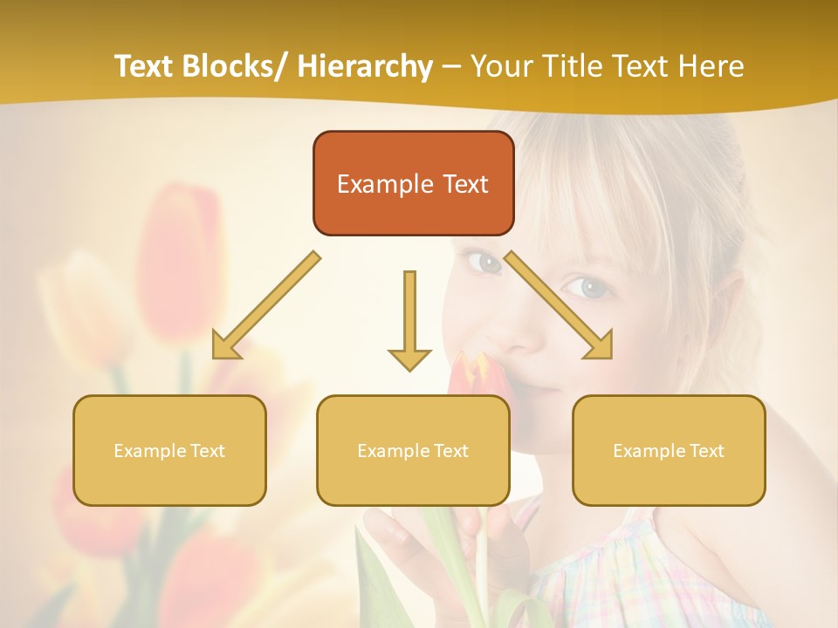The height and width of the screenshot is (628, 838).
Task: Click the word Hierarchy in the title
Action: (x=365, y=66)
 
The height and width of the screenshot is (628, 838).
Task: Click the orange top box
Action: (x=413, y=183)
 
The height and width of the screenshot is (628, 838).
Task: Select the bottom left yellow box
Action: (x=169, y=450)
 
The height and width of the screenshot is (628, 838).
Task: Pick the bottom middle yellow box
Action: (x=413, y=450)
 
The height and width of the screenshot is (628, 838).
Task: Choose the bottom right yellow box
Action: (x=669, y=450)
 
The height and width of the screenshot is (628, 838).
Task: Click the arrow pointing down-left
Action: (x=262, y=309)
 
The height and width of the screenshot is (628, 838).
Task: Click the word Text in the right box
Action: (x=706, y=451)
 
